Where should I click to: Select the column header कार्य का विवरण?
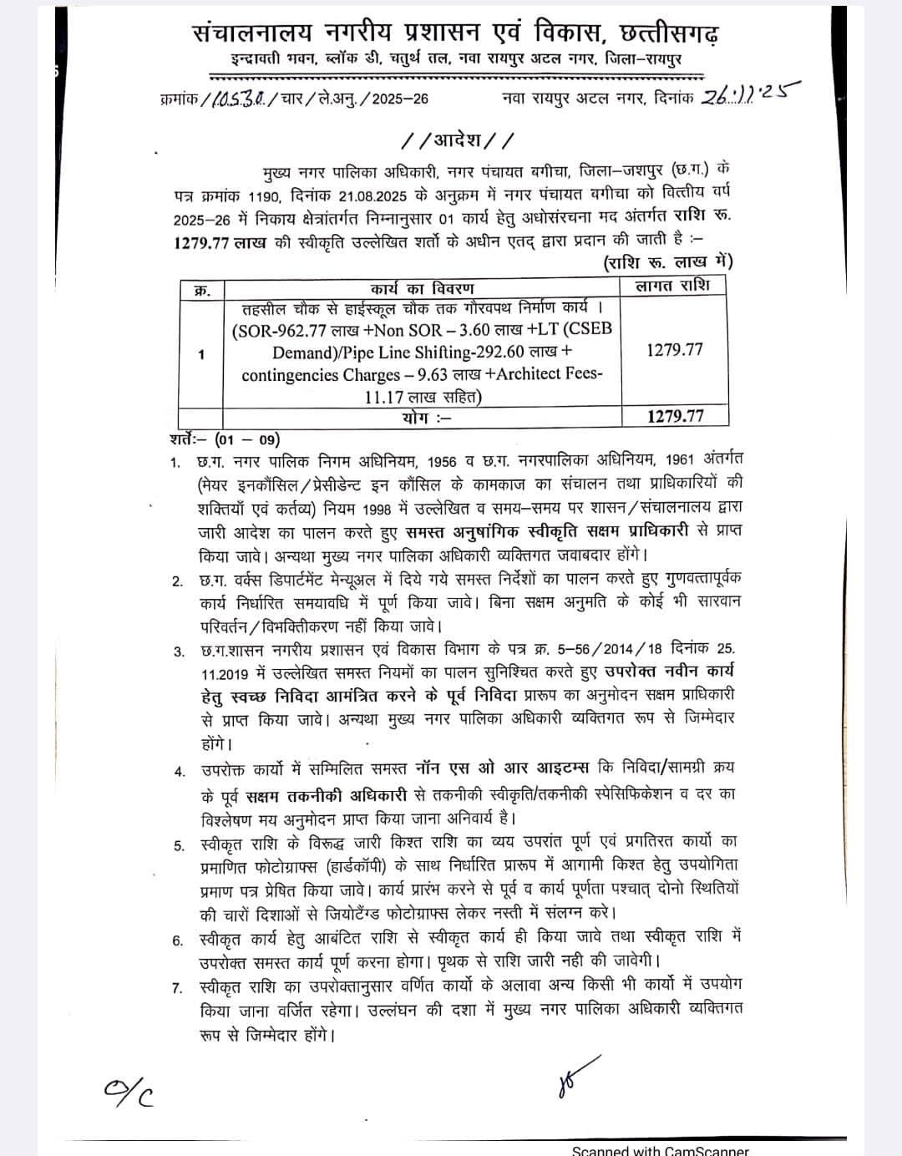coord(422,289)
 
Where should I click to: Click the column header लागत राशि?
coord(673,286)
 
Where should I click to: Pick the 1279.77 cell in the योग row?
coord(675,415)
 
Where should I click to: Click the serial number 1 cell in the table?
coord(201,354)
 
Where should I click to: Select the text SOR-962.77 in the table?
coord(283,329)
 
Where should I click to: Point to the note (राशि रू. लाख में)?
coord(668,262)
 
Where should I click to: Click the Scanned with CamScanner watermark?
coord(660,1150)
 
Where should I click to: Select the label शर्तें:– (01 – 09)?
coord(224,439)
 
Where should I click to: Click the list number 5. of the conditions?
coord(179,846)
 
